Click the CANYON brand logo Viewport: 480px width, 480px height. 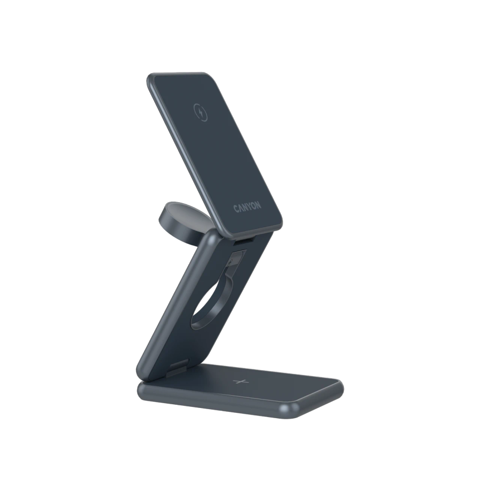point(247,208)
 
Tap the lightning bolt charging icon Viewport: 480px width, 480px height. point(201,113)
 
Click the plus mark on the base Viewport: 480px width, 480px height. point(241,382)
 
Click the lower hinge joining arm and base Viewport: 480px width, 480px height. point(180,369)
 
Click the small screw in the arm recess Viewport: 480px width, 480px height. point(230,262)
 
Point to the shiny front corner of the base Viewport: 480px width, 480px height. point(289,408)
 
